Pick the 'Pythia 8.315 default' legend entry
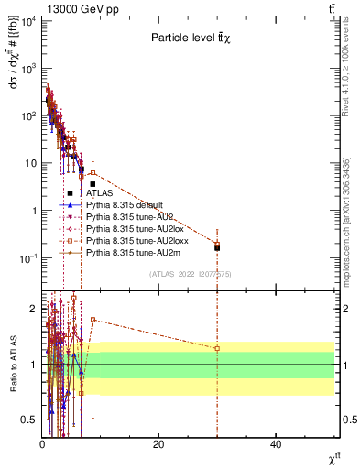click(x=124, y=205)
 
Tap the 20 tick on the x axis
click(x=158, y=444)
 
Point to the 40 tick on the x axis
click(x=275, y=444)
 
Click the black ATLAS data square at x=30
click(x=217, y=247)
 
